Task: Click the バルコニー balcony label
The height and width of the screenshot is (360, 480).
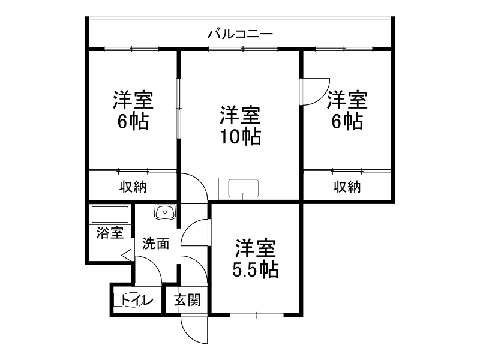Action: coord(241,34)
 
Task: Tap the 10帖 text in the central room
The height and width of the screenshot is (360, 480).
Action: coord(240,137)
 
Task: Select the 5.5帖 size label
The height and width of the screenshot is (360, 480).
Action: coord(256,271)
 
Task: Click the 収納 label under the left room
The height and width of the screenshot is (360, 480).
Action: coord(133,187)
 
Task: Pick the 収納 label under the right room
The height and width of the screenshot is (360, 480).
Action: coord(347,187)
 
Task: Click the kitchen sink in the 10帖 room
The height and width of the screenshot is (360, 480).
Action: coord(242,189)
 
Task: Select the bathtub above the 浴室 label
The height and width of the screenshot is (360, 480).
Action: coord(109,215)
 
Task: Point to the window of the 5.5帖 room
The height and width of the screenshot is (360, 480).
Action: coord(257,314)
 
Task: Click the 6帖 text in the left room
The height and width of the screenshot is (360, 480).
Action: coord(133,122)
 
